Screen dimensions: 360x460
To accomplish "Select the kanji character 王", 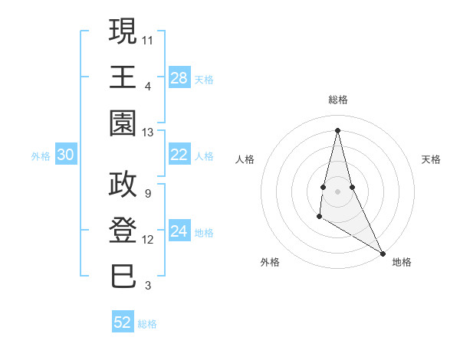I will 123,77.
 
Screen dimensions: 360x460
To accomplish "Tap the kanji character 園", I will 123,123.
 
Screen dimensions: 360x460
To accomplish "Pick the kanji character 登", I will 123,231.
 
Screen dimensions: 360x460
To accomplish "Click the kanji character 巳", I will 123,277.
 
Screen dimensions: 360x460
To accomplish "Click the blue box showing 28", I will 179,78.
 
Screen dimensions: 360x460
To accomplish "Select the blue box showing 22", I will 179,155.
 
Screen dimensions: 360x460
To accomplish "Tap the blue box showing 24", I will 179,231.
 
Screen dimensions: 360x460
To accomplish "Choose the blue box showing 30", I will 66,155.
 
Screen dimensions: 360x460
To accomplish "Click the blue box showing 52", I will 123,322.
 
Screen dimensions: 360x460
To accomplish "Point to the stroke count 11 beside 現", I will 148,39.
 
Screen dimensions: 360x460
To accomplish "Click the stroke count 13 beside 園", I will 148,133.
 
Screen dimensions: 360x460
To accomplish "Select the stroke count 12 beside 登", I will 148,240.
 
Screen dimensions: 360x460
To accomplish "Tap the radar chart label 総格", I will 337,100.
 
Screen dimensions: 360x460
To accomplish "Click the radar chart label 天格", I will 432,159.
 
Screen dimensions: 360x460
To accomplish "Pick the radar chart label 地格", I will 402,262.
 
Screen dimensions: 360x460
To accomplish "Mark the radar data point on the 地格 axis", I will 383,253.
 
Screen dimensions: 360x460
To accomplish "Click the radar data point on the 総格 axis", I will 337,130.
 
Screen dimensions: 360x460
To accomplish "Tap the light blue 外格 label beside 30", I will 41,155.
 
